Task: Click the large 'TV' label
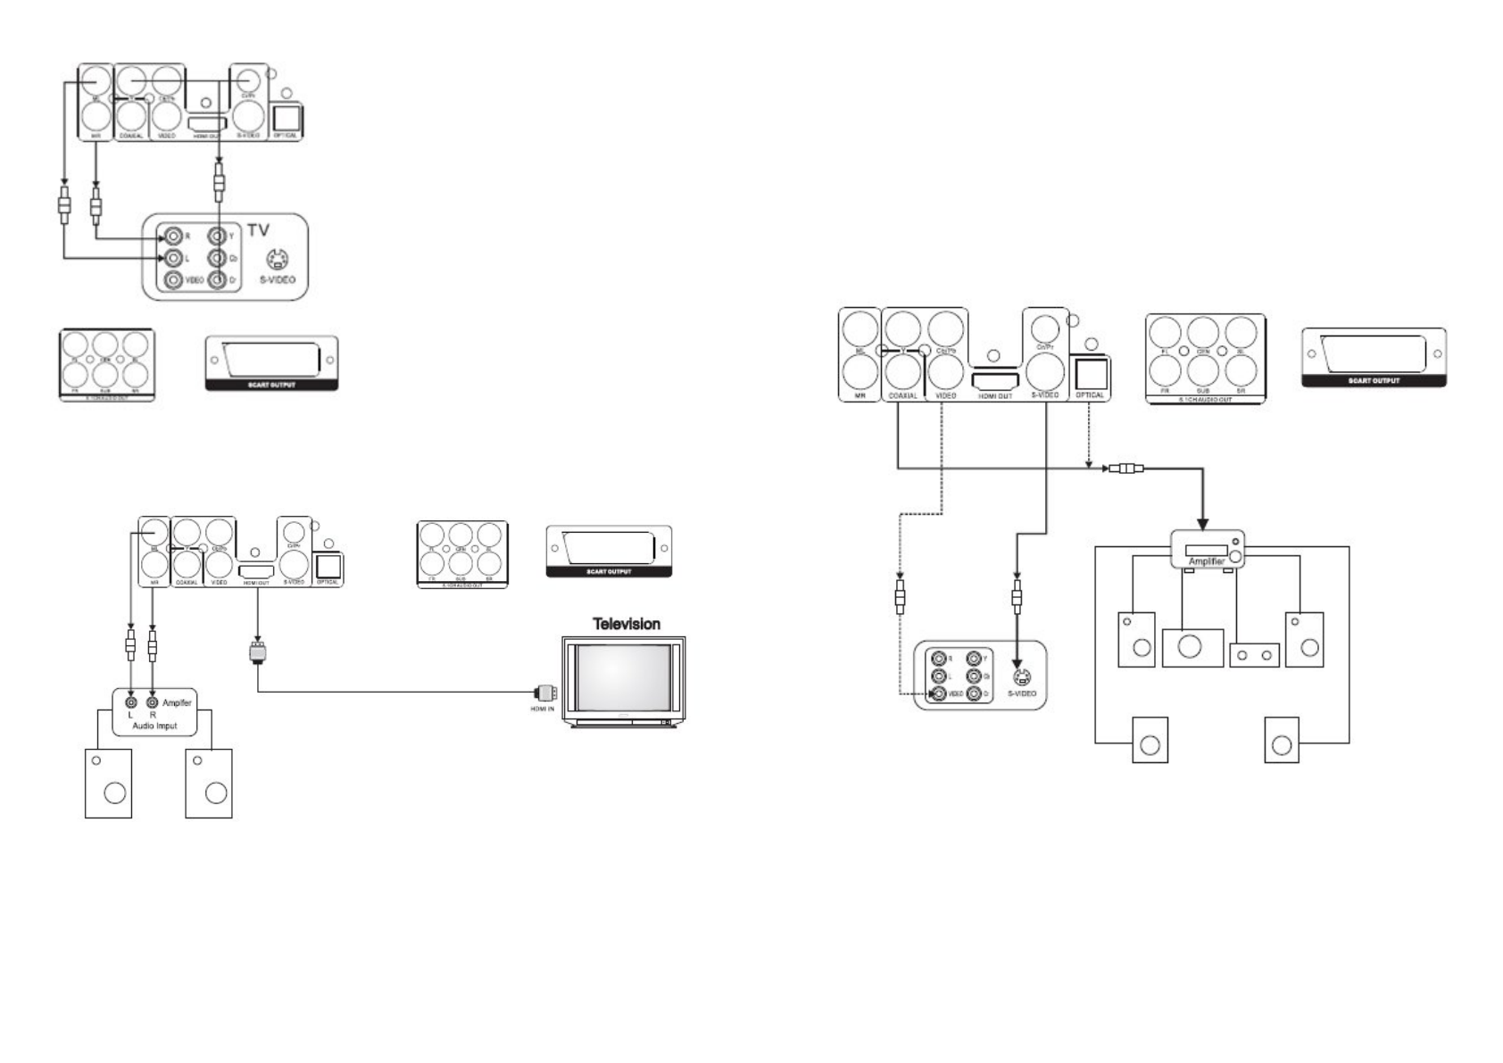pos(258,230)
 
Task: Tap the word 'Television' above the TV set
pos(627,624)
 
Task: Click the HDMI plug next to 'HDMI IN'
pos(545,692)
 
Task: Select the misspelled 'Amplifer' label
pos(177,703)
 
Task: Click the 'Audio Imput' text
pos(155,726)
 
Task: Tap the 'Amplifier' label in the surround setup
pos(1207,561)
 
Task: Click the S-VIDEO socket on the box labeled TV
pos(278,260)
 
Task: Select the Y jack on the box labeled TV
pos(216,237)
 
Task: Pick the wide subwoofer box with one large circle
pos(1192,647)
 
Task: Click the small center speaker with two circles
pos(1254,656)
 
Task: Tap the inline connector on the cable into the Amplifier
pos(1125,468)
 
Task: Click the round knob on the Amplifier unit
pos(1234,556)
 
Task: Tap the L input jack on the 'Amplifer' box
pos(131,702)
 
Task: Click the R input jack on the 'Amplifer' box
pos(153,702)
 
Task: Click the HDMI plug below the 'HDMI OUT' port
pos(258,652)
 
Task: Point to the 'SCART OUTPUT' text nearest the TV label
pos(271,385)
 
